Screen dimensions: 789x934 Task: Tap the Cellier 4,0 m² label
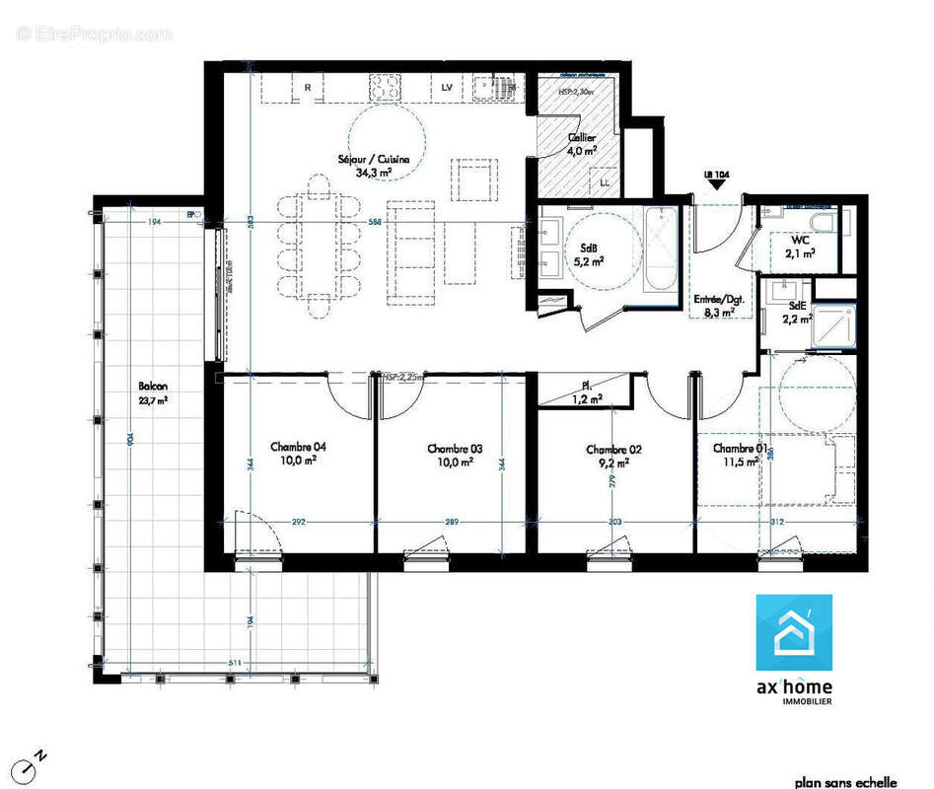pos(581,145)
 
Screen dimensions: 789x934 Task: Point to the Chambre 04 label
pos(294,454)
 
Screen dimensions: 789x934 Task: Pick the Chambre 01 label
pos(740,455)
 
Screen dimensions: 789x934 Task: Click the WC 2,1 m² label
pos(799,247)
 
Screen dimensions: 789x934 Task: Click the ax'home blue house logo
pos(793,632)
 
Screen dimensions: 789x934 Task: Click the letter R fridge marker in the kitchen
pos(308,89)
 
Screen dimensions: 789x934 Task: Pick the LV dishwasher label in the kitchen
pos(446,89)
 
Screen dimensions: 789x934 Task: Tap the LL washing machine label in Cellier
pos(604,183)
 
